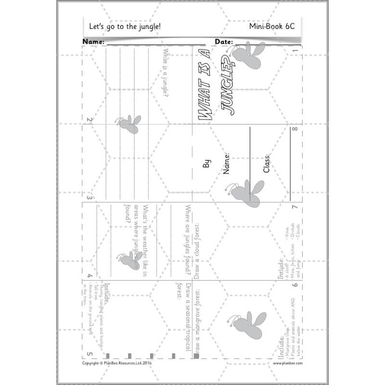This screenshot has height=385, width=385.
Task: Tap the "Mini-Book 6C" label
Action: (272, 27)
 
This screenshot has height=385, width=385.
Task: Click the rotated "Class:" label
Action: (266, 164)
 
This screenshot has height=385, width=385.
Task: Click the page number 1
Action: (295, 50)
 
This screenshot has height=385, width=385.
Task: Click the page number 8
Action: (295, 129)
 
